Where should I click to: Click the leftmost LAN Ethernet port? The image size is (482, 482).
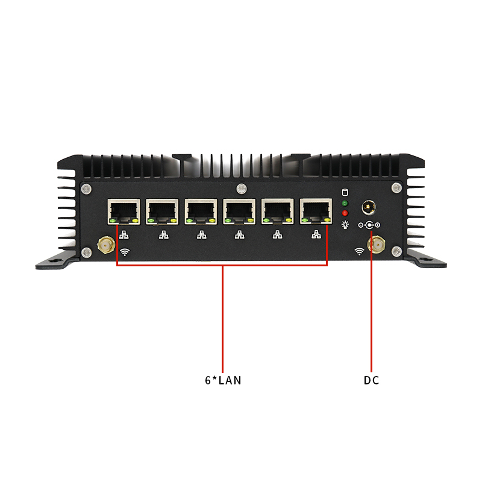coord(124,212)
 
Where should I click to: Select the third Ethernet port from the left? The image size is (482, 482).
coord(201,212)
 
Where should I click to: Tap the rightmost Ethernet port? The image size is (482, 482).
coord(316,212)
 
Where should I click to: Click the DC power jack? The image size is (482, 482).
coord(369,207)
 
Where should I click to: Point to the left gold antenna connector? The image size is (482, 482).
coord(106,245)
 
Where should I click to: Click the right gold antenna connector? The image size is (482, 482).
coord(377,245)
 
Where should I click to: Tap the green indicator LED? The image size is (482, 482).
coord(345,203)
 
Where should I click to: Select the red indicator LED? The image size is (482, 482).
coord(345,213)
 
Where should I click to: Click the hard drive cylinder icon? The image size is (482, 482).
coord(345,192)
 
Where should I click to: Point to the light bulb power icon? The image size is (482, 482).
coord(345,225)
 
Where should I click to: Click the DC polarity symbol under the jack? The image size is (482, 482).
coord(369,225)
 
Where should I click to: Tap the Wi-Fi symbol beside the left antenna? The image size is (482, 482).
coord(125,252)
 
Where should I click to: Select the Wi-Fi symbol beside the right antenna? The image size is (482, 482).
coord(359,251)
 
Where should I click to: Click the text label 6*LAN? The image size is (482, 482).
coord(223,381)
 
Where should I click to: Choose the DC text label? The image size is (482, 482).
coord(371,381)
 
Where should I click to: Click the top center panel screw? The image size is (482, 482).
coord(242,189)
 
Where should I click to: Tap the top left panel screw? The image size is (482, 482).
coord(86,189)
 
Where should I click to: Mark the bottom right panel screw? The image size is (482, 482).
coord(396,251)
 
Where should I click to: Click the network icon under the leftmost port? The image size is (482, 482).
coord(124,235)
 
